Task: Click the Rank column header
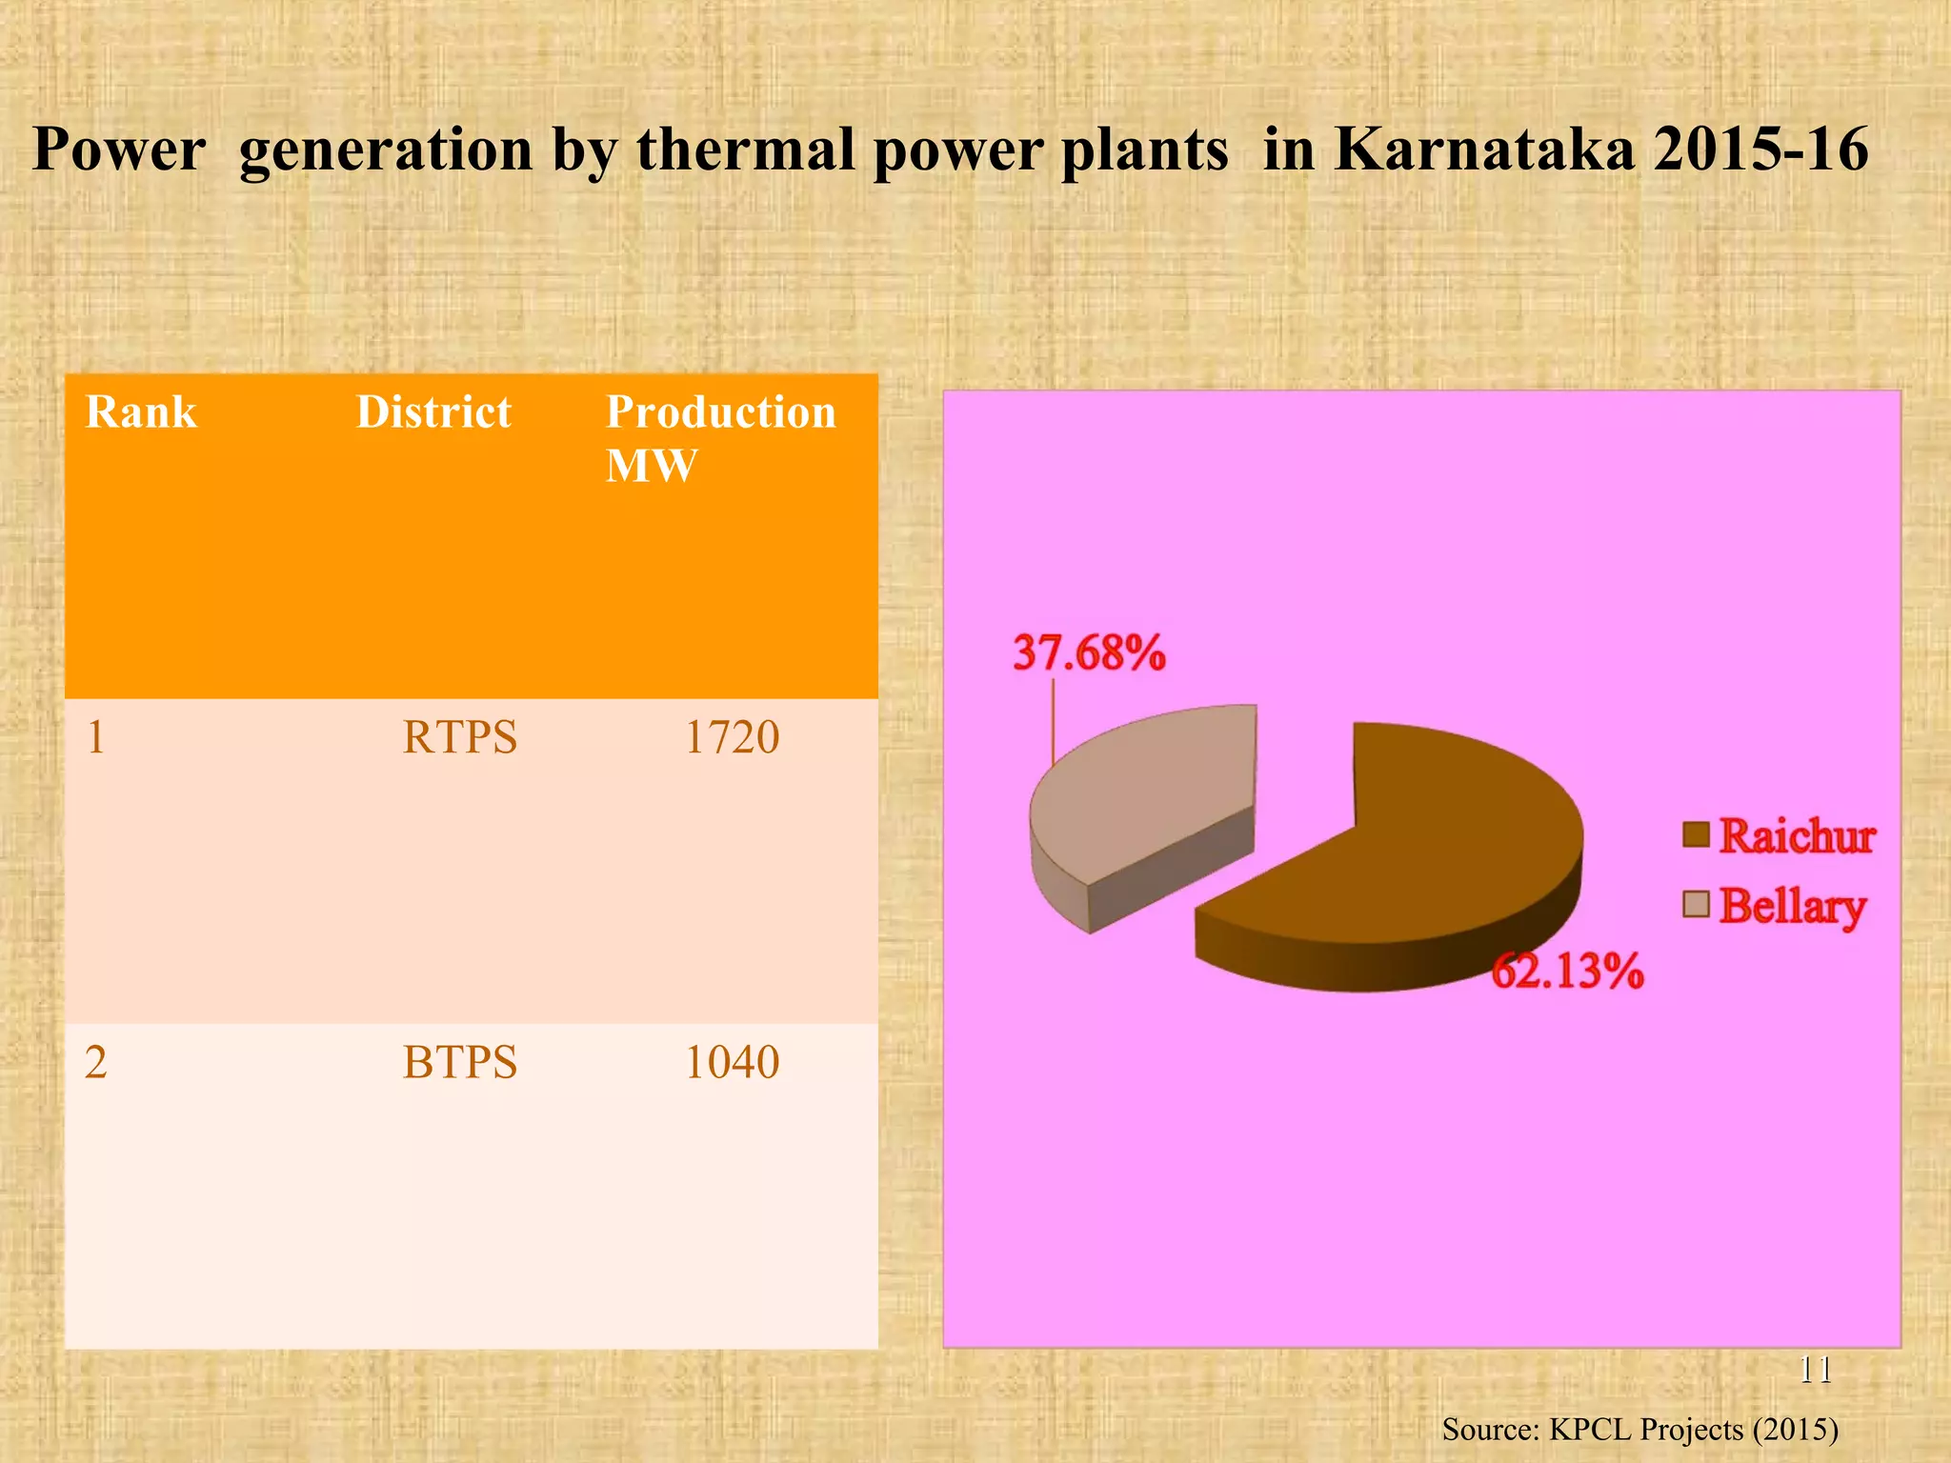pyautogui.click(x=141, y=412)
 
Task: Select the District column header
pyautogui.click(x=433, y=412)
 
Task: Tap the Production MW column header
pyautogui.click(x=720, y=438)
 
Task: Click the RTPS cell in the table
pyautogui.click(x=459, y=737)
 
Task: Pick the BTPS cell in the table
pyautogui.click(x=459, y=1062)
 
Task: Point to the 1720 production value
pyautogui.click(x=732, y=737)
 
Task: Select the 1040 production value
pyautogui.click(x=732, y=1062)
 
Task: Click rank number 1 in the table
pyautogui.click(x=95, y=737)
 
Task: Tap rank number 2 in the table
pyautogui.click(x=95, y=1062)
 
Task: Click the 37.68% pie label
pyautogui.click(x=1089, y=653)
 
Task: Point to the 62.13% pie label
pyautogui.click(x=1567, y=972)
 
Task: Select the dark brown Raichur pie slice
pyautogui.click(x=1429, y=857)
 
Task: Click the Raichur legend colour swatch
pyautogui.click(x=1696, y=834)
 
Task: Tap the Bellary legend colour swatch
pyautogui.click(x=1696, y=904)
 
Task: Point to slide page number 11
pyautogui.click(x=1816, y=1370)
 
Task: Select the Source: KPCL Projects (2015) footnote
pyautogui.click(x=1639, y=1429)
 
